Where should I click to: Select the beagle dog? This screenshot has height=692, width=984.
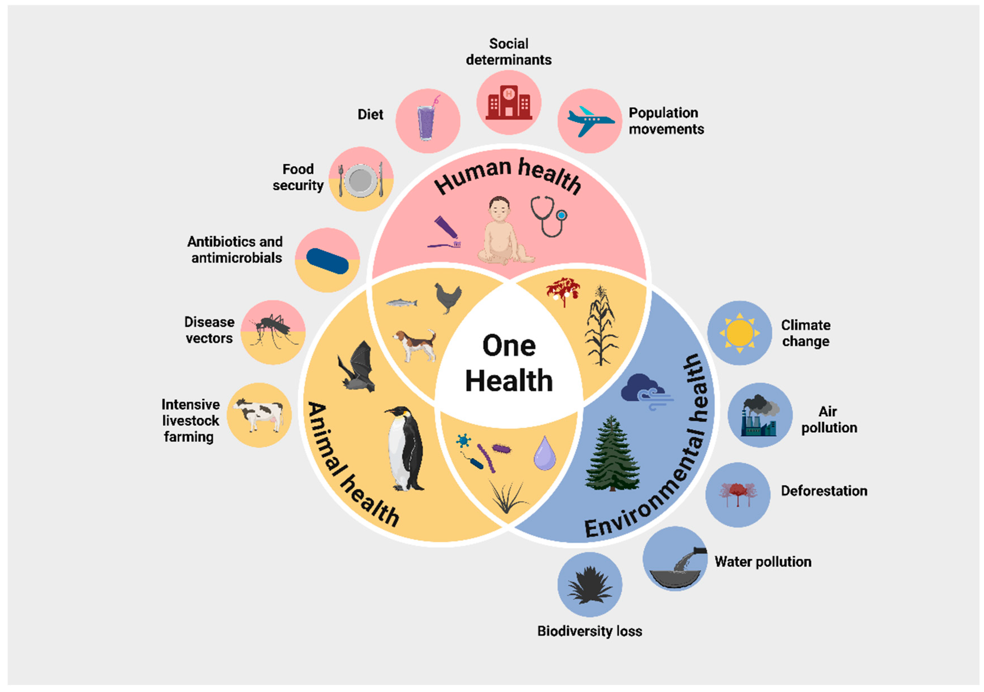415,345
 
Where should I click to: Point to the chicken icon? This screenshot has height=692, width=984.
448,298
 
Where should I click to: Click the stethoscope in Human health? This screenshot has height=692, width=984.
548,216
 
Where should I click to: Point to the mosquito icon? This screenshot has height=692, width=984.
273,330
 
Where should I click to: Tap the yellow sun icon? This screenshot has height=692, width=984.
740,333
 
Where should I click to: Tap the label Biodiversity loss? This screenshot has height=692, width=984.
590,631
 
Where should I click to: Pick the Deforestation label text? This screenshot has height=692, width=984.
824,491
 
